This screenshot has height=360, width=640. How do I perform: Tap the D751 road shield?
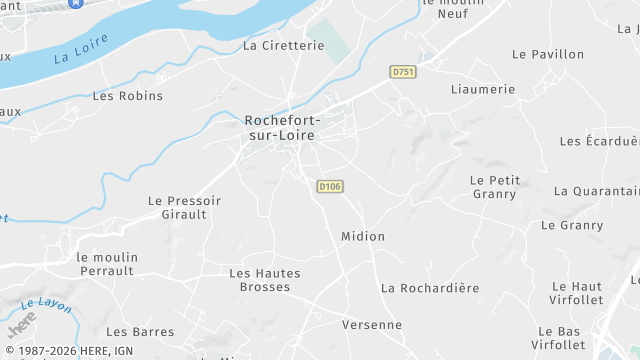pyautogui.click(x=403, y=72)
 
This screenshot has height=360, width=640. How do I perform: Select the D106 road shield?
pyautogui.click(x=330, y=186)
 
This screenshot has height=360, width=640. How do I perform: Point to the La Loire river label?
pyautogui.click(x=80, y=49)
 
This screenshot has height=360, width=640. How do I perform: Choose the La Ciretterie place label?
pyautogui.click(x=284, y=45)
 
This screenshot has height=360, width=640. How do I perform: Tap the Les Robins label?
pyautogui.click(x=127, y=96)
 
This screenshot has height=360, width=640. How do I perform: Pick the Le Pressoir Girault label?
pyautogui.click(x=184, y=207)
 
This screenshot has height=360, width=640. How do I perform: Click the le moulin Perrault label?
pyautogui.click(x=106, y=264)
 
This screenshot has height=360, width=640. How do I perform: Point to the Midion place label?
pyautogui.click(x=363, y=237)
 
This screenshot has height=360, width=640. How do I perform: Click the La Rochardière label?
pyautogui.click(x=430, y=288)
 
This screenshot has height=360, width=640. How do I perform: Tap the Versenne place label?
pyautogui.click(x=372, y=325)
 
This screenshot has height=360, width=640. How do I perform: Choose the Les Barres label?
pyautogui.click(x=140, y=332)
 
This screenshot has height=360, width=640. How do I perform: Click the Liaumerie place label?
pyautogui.click(x=483, y=89)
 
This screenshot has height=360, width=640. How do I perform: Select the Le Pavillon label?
pyautogui.click(x=548, y=54)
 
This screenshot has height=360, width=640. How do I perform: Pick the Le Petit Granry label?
pyautogui.click(x=495, y=187)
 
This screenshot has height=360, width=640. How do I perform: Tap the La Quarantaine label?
pyautogui.click(x=596, y=191)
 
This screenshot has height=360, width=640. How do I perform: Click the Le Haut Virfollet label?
pyautogui.click(x=576, y=293)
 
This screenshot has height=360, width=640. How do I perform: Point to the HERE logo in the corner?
pyautogui.click(x=22, y=324)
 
